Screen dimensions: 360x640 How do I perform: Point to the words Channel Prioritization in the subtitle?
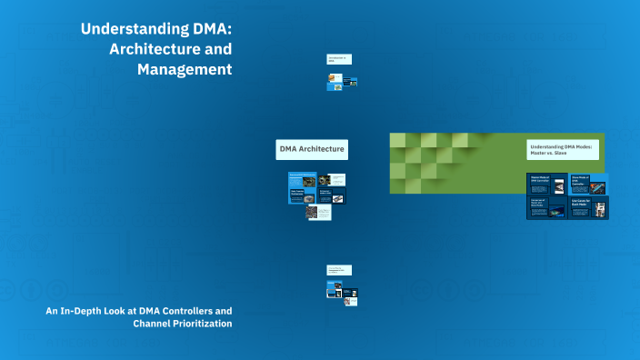pos(182,323)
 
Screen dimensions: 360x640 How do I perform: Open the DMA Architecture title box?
pos(312,149)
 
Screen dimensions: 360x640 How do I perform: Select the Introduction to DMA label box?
pos(339,59)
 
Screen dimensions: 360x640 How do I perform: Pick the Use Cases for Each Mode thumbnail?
pos(589,207)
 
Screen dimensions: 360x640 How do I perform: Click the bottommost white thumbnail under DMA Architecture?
pos(319,212)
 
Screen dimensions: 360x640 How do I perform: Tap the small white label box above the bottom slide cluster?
pos(339,270)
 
